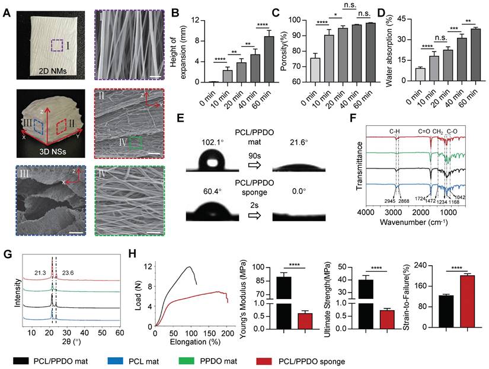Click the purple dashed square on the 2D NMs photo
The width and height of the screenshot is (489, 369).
[57, 47]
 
